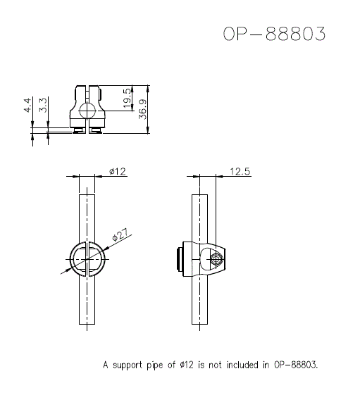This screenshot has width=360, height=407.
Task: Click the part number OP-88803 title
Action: (x=275, y=35)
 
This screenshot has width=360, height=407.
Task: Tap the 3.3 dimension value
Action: (x=44, y=106)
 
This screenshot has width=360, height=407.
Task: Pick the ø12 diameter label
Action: (x=117, y=171)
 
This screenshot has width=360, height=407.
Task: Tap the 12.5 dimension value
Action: (x=240, y=171)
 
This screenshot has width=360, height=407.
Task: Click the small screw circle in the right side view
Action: (x=216, y=261)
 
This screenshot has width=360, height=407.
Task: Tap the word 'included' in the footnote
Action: (x=238, y=365)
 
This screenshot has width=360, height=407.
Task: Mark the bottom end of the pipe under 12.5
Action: (x=201, y=327)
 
